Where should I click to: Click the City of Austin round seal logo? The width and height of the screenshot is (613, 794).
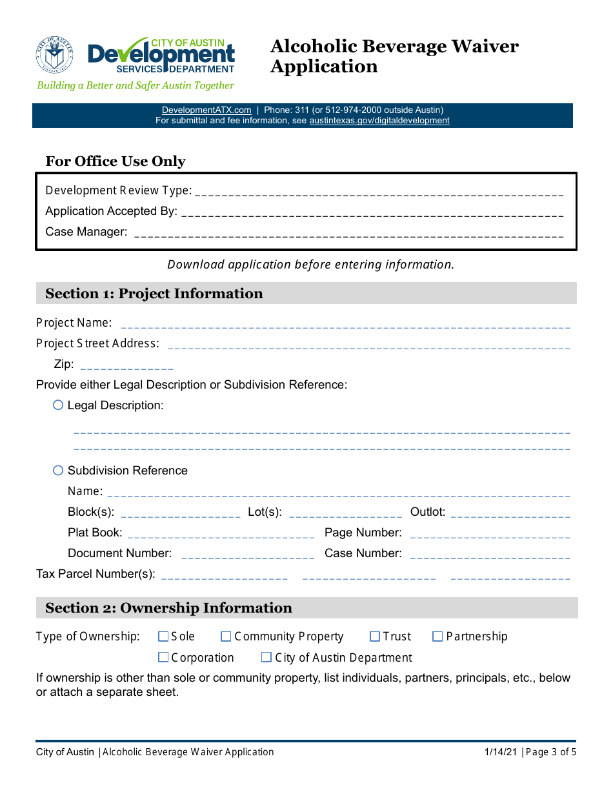point(55,55)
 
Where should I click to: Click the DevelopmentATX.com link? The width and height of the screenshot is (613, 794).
point(206,110)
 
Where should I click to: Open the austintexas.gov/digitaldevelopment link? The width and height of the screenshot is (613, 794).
point(379,120)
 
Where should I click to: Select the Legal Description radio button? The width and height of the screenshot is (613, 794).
point(58,405)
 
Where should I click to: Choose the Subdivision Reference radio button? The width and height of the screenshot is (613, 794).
point(58,471)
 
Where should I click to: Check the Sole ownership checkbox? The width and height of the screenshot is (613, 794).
point(163,636)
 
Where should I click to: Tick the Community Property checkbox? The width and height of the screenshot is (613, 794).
point(226,636)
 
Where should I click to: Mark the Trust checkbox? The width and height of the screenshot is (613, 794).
point(375,636)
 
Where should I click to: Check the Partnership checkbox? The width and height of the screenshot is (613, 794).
point(437,636)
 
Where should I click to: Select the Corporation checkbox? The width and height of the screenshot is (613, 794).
point(163,658)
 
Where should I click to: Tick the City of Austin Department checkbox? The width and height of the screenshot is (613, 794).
point(266,658)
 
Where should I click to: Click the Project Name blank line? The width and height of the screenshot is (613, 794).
point(345,323)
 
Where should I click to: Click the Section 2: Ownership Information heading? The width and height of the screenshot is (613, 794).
point(168,608)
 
